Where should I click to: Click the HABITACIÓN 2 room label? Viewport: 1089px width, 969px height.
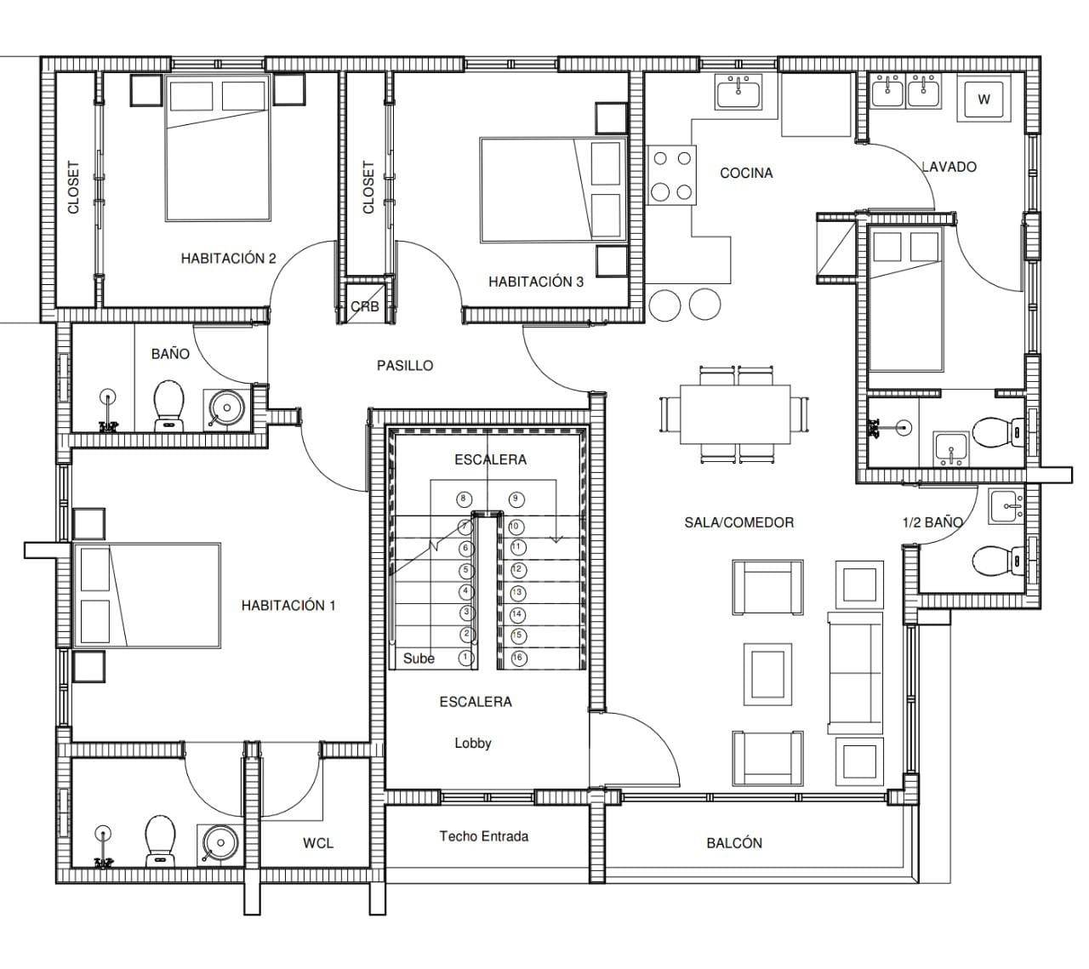pyautogui.click(x=229, y=259)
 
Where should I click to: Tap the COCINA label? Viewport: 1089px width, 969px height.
pyautogui.click(x=746, y=173)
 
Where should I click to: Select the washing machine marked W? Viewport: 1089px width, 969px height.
pyautogui.click(x=984, y=100)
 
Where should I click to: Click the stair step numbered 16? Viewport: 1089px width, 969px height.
pyautogui.click(x=517, y=658)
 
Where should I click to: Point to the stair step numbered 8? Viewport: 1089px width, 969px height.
pyautogui.click(x=464, y=499)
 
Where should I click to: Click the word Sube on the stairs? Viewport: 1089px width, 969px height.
pyautogui.click(x=419, y=658)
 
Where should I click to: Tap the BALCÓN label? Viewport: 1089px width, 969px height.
pyautogui.click(x=734, y=843)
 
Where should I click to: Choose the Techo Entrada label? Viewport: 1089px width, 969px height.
pyautogui.click(x=484, y=836)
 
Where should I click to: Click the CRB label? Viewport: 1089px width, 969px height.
pyautogui.click(x=365, y=306)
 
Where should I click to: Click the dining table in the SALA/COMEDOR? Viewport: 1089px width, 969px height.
pyautogui.click(x=735, y=414)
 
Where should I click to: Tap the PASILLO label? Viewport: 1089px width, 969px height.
pyautogui.click(x=405, y=366)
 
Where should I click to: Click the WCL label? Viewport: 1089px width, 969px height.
pyautogui.click(x=318, y=843)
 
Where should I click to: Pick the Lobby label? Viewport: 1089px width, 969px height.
pyautogui.click(x=473, y=744)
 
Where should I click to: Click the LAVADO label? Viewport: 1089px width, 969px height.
pyautogui.click(x=949, y=167)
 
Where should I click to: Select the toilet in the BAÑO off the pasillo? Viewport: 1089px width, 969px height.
pyautogui.click(x=169, y=407)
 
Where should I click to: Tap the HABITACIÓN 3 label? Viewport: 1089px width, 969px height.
pyautogui.click(x=536, y=282)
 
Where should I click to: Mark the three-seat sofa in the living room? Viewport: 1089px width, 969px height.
pyautogui.click(x=855, y=673)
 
